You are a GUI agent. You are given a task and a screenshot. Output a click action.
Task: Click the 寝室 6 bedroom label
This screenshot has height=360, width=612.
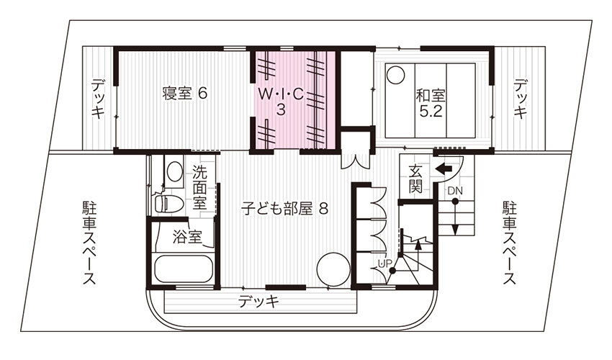coord(184,94)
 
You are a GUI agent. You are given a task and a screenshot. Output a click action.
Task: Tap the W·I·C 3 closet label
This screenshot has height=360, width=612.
coord(281,102)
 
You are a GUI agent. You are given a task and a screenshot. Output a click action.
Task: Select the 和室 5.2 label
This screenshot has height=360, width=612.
coord(431,103)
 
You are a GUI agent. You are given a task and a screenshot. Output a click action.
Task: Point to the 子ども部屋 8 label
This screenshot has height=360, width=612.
coord(284,209)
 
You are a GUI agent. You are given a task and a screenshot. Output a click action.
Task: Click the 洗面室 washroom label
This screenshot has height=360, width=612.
coord(200,188)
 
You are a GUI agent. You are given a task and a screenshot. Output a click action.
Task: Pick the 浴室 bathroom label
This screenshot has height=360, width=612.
coord(187,236)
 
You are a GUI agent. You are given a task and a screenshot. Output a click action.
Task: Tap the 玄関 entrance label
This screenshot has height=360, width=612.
coord(415,179)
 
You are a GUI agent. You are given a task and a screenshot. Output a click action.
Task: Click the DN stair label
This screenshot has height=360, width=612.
coord(455,192)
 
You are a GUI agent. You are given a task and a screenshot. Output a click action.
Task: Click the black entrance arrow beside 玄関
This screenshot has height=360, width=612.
coord(444,169)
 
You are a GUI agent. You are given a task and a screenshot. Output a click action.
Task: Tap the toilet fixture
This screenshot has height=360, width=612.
coord(168,202)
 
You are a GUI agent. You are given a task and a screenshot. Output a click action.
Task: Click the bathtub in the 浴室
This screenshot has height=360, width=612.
coord(184,269)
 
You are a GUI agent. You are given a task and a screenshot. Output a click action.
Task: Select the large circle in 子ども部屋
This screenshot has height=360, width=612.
coord(333,270)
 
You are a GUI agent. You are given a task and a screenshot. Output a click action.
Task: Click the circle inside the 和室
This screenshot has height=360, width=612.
coord(396,75)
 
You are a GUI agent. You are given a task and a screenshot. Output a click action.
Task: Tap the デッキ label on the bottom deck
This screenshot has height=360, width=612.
coord(258,302)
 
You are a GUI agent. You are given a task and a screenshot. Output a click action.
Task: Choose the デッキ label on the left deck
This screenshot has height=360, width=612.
coord(98,99)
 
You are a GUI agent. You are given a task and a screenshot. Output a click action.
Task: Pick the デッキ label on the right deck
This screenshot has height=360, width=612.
coord(520,99)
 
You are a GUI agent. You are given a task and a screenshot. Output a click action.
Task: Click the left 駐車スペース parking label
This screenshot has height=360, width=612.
coord(89,243)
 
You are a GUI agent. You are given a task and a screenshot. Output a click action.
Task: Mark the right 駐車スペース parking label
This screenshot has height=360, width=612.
coord(509,243)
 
